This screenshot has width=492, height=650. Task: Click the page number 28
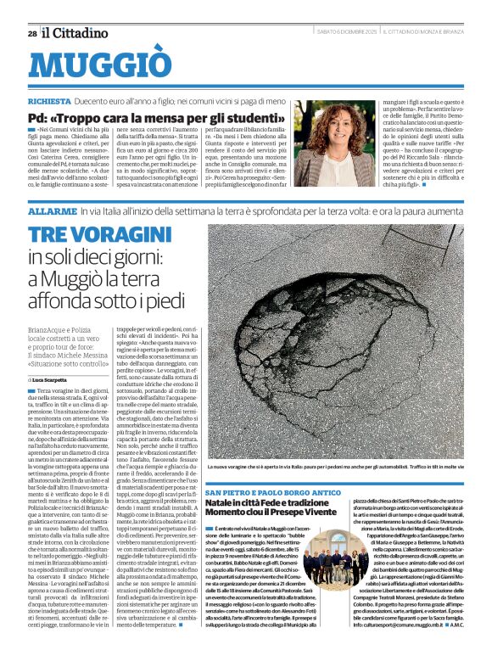(x=31, y=33)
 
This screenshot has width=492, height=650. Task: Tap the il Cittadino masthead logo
(x=76, y=32)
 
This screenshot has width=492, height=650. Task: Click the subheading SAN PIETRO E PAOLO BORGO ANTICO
(x=267, y=493)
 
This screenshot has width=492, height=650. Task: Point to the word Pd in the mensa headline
(x=38, y=115)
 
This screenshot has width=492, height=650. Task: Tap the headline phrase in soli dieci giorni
(x=95, y=256)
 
